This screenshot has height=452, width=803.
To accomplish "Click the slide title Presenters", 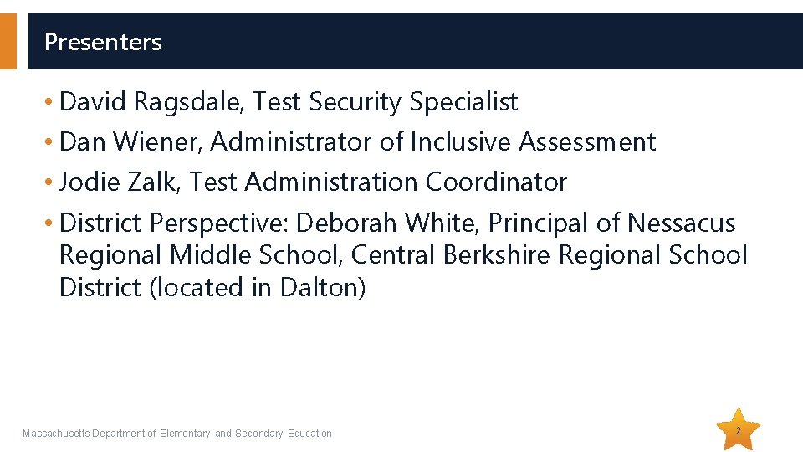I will point(103,42).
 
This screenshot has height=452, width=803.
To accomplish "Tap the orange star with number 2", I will point(739,430).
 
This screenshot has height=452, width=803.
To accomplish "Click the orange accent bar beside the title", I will point(8,41).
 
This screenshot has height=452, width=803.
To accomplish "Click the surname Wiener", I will point(156,142).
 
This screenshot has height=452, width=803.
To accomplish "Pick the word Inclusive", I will point(461,142).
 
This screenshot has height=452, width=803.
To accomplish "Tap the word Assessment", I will point(587,142).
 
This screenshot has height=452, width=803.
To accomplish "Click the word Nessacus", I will point(681,223).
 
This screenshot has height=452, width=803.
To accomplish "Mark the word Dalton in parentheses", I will point(319,287).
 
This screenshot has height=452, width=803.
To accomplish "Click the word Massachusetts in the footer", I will point(56,434).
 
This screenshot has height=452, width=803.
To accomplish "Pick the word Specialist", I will point(463,102).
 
